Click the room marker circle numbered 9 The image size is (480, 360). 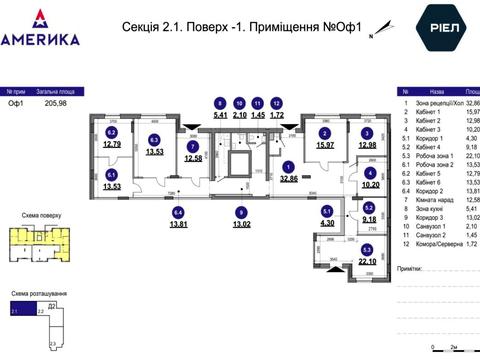[x=240, y=212]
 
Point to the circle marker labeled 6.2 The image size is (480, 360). [x=112, y=132]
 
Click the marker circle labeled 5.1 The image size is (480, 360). [x=325, y=212]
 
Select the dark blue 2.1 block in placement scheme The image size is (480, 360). [x=14, y=312]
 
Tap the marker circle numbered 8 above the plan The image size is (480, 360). [x=220, y=103]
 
